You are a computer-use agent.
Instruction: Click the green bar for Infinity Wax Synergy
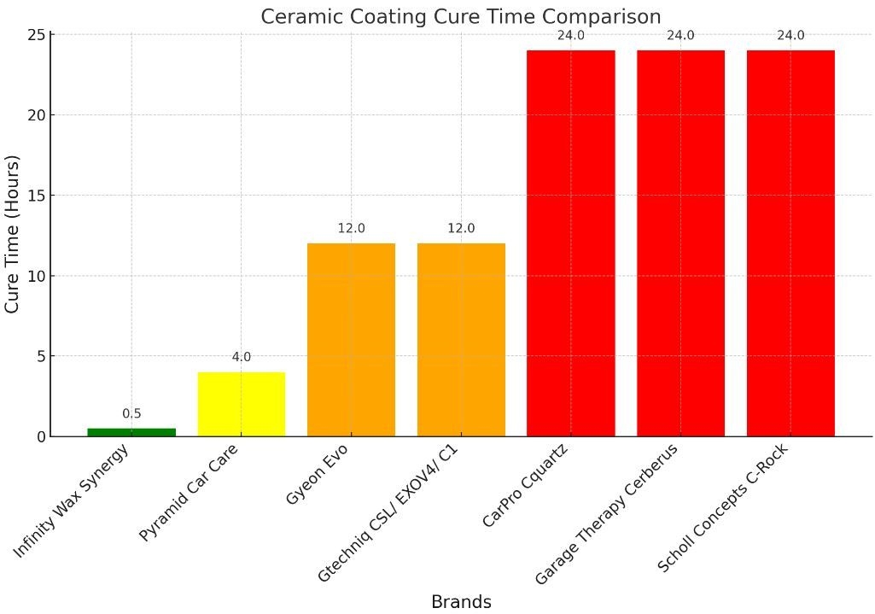tap(131, 432)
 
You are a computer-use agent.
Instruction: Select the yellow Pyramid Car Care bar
tap(242, 404)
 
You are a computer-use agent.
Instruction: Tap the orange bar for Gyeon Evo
tap(351, 340)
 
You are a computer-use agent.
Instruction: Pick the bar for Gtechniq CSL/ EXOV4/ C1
tap(461, 340)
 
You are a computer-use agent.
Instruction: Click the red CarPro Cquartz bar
tap(570, 243)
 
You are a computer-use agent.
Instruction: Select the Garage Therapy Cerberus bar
tap(680, 243)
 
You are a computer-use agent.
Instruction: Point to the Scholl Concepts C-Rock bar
tap(790, 243)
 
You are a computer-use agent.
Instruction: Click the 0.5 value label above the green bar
tap(131, 414)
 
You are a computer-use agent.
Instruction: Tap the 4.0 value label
tap(242, 357)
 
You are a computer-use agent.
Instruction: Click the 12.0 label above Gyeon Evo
tap(351, 229)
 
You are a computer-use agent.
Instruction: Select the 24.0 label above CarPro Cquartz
tap(570, 36)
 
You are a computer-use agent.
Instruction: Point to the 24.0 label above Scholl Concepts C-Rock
tap(790, 36)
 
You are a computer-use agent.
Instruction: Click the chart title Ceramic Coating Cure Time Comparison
tap(461, 16)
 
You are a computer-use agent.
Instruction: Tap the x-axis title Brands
tap(461, 601)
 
